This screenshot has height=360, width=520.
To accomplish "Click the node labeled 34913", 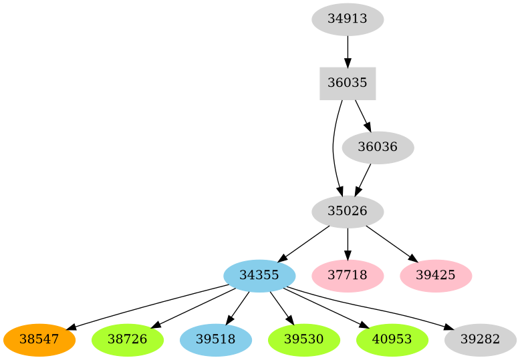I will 348,19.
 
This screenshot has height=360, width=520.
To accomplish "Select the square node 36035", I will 348,83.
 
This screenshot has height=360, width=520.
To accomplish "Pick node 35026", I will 348,212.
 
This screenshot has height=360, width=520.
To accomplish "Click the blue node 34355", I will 259,275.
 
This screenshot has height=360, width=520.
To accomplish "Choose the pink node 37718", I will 348,275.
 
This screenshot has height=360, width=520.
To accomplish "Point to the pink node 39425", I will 436,275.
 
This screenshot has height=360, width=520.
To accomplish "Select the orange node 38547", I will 39,339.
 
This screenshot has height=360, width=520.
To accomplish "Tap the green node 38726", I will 128,339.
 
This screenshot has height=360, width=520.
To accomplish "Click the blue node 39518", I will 216,339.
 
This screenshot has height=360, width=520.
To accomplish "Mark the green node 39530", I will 304,339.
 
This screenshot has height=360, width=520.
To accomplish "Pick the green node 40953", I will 392,339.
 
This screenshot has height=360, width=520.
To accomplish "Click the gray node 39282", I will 481,339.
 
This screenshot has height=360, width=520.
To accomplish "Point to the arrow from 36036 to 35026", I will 363,180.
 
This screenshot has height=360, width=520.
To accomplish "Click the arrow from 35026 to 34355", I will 303,244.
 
